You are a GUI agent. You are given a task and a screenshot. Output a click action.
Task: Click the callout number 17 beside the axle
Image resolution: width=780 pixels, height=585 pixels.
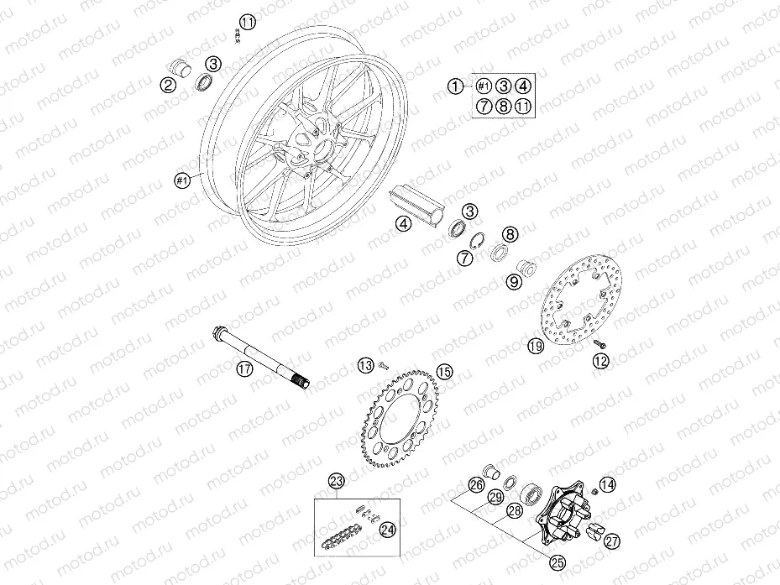(x=244, y=368)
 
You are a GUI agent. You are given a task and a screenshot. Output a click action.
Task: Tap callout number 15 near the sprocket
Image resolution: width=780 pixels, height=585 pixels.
(x=444, y=371)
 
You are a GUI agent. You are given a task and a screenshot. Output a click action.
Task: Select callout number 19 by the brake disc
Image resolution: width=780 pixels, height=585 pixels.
(x=536, y=346)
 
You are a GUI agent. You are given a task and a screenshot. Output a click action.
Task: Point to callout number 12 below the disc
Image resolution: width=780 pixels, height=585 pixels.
(x=601, y=361)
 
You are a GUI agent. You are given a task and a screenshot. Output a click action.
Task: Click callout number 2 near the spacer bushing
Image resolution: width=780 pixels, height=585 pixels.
(x=168, y=85)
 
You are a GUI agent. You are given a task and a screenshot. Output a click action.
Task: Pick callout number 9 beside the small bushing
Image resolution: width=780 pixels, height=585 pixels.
(x=513, y=282)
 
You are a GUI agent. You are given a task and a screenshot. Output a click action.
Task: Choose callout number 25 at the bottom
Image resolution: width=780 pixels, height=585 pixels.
(x=558, y=562)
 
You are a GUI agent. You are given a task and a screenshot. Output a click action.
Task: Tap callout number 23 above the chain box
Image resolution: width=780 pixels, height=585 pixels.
(x=337, y=481)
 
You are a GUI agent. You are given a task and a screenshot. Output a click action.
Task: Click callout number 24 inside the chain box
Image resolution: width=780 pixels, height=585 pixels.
(x=388, y=530)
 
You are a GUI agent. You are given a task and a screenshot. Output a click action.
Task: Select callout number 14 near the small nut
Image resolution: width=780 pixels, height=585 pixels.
(x=607, y=484)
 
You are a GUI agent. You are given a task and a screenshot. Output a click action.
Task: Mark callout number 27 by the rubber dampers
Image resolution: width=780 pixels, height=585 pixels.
(x=612, y=541)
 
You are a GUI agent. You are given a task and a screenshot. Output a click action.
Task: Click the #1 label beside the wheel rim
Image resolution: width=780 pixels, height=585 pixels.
(x=182, y=180)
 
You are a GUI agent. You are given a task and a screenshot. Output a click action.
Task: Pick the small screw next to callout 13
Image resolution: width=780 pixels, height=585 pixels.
(x=383, y=366)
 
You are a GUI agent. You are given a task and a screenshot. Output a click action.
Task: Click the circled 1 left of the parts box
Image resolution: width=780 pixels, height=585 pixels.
(x=455, y=86)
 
